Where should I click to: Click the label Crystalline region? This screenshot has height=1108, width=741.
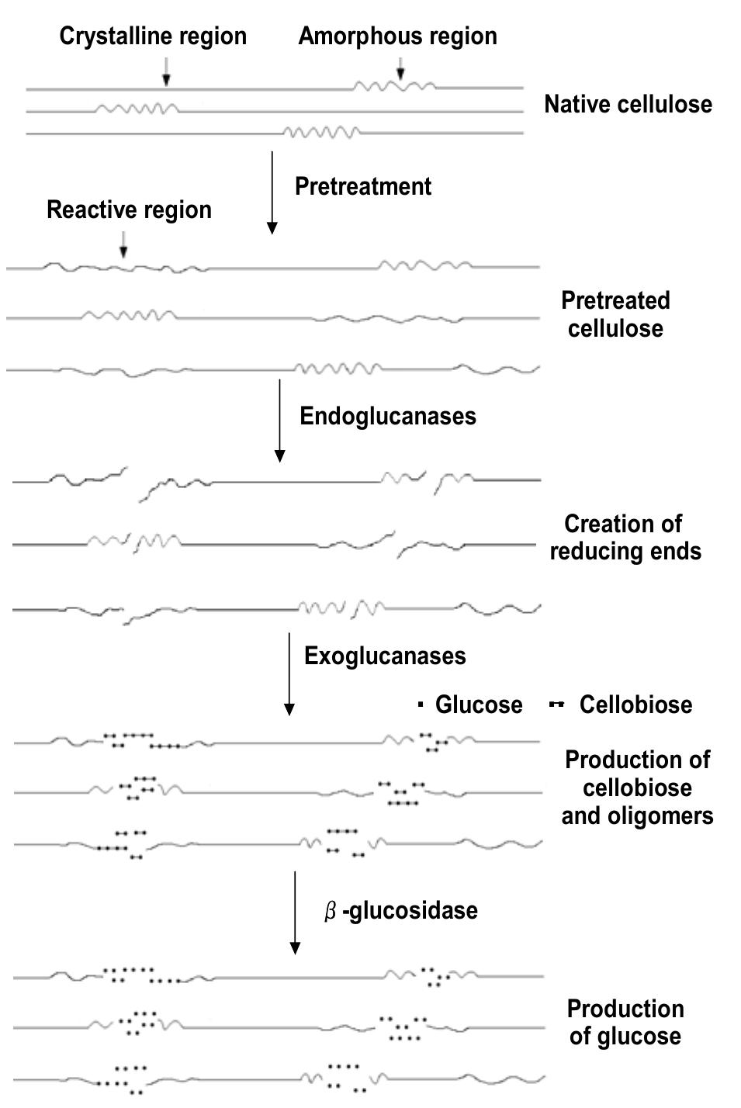click(153, 36)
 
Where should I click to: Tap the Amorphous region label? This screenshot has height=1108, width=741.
click(397, 36)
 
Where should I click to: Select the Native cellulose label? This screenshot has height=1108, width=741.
click(628, 104)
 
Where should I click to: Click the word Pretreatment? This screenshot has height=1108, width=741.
click(362, 186)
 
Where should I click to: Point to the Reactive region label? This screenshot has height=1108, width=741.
click(129, 209)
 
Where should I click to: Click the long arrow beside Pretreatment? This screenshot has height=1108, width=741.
click(272, 192)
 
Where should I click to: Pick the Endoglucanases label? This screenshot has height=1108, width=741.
click(387, 416)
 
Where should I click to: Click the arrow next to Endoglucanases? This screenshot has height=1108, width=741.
click(279, 421)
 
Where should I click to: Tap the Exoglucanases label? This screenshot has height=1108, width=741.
click(385, 656)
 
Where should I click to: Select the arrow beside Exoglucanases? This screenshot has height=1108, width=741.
click(289, 673)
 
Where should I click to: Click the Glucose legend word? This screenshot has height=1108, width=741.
click(478, 705)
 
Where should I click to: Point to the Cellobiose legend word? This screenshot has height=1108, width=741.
click(635, 705)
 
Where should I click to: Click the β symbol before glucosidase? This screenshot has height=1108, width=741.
click(330, 911)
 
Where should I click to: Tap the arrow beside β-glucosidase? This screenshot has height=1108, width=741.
click(294, 912)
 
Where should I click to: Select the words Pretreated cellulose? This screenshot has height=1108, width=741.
click(615, 314)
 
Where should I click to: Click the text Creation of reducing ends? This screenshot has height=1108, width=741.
click(625, 537)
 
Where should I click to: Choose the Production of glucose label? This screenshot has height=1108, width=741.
click(625, 1022)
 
